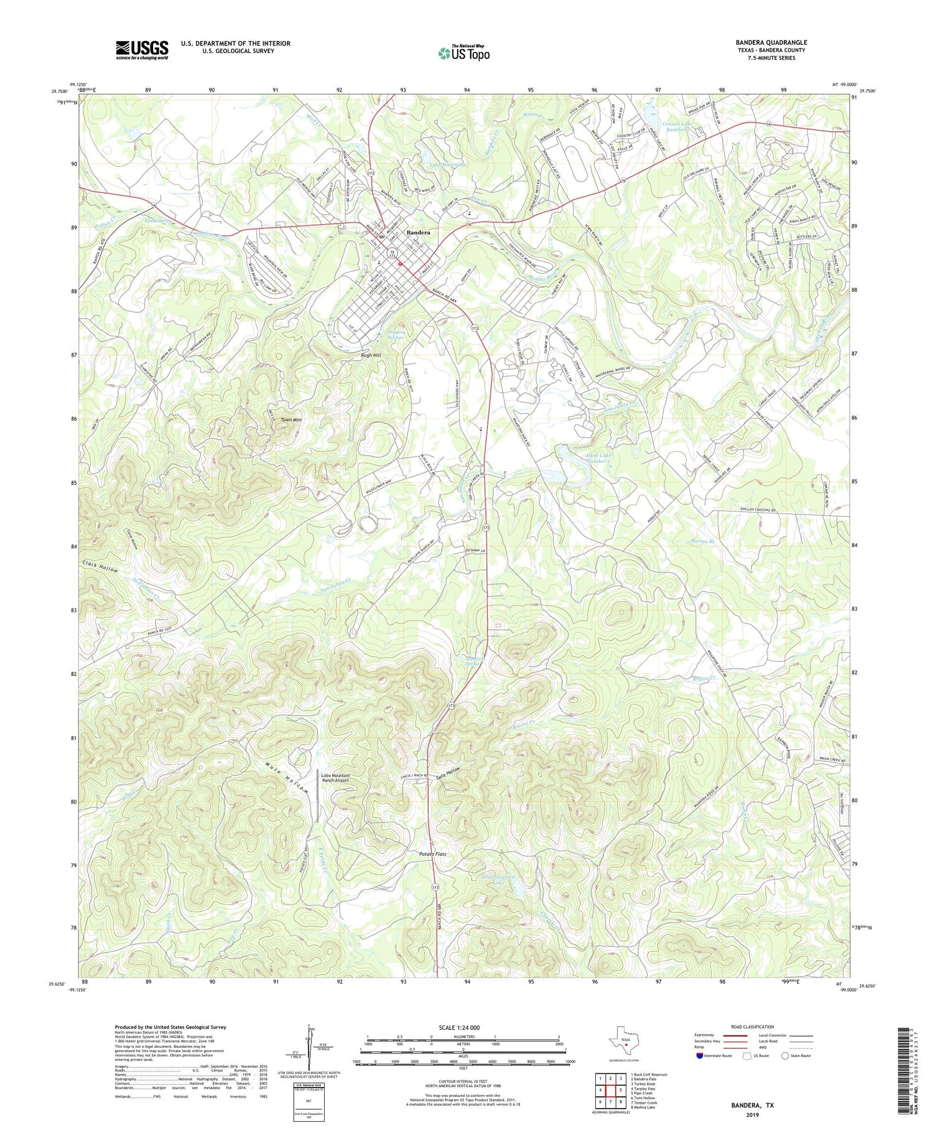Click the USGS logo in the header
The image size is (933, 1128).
[x=142, y=49]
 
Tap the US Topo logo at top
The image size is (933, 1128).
[x=463, y=53]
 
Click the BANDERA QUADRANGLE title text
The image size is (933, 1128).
[x=771, y=42]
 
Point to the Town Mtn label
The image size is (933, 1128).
[x=290, y=420]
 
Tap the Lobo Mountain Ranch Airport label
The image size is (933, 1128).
[x=335, y=778]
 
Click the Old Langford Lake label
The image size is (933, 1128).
[x=499, y=880]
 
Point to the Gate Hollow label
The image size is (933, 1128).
[x=448, y=771]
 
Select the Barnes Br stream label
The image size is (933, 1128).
[x=703, y=542]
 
